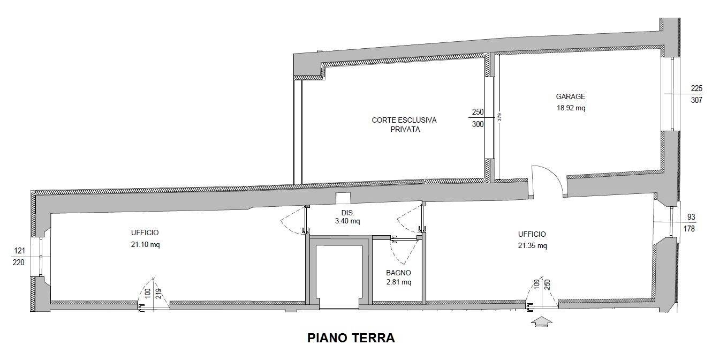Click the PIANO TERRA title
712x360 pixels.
[x=351, y=337]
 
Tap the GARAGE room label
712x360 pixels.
[x=571, y=96]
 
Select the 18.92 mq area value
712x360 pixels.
[x=571, y=108]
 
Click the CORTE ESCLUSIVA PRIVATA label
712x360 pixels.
[x=404, y=125]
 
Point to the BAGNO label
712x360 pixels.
[x=399, y=273]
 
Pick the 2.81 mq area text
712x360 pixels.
[x=399, y=282]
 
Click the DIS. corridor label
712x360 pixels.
[x=348, y=213]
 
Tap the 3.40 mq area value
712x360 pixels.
[x=347, y=221]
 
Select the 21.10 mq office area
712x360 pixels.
[x=145, y=245]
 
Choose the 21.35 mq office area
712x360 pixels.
[x=533, y=246]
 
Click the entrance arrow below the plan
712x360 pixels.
[x=542, y=321]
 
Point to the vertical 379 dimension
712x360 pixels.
[x=499, y=117]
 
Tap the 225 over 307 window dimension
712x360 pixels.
[x=696, y=94]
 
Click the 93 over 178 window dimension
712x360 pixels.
[x=690, y=223]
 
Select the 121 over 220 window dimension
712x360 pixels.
[x=19, y=257]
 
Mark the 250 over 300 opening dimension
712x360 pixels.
[x=478, y=118]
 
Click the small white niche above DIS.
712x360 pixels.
[x=343, y=198]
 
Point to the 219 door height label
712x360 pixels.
[x=158, y=294]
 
